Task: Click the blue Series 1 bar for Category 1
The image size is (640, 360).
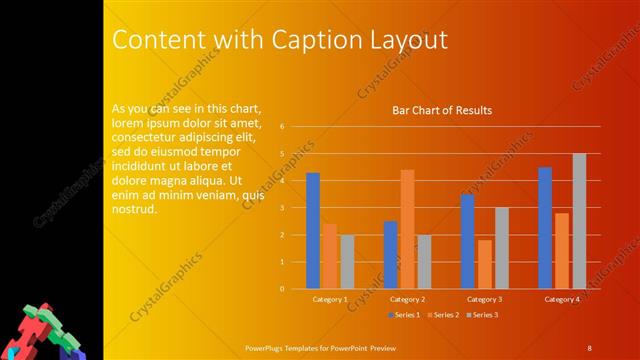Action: coord(313,230)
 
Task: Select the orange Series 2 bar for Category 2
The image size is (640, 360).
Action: coord(407,229)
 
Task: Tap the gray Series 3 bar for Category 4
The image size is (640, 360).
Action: coord(579,221)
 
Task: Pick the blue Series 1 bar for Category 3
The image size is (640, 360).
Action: coord(467,241)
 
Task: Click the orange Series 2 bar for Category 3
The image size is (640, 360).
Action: coord(485,264)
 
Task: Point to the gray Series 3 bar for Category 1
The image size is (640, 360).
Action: coord(347,261)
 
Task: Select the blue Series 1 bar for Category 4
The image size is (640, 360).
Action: coord(545,227)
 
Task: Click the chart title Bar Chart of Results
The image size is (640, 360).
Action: coord(441,111)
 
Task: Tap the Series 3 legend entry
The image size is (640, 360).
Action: coord(481,315)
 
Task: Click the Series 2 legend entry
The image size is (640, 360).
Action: coord(442,315)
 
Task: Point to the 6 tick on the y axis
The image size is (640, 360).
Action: coord(283,127)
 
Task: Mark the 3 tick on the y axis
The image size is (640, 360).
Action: coord(283,208)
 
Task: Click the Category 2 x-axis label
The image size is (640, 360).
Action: coord(407,299)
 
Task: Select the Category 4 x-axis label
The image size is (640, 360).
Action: coord(562,299)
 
